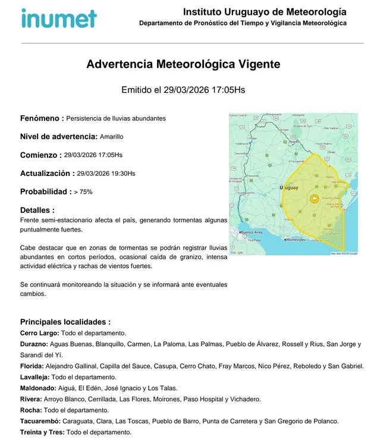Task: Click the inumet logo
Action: (x=58, y=18)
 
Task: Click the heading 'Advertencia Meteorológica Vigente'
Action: (x=183, y=64)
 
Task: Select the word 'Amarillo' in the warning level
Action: (x=112, y=137)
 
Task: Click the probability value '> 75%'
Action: (x=83, y=192)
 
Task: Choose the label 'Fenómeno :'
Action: (x=42, y=118)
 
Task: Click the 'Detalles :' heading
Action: (x=37, y=210)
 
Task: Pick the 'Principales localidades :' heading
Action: (x=65, y=322)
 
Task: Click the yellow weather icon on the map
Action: (x=313, y=199)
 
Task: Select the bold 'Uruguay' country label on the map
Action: (x=289, y=188)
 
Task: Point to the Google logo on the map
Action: (x=237, y=253)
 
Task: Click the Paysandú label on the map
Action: (x=253, y=176)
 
